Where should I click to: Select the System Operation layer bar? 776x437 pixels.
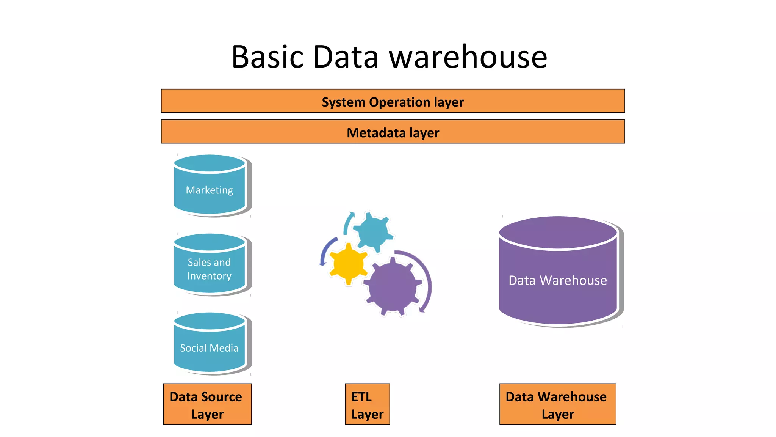pos(393,101)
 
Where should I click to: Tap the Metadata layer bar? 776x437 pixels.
pos(393,132)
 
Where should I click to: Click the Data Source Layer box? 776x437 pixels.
pos(207,404)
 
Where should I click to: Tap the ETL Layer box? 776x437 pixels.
pos(367,404)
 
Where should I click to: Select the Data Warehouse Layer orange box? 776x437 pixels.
pos(557,404)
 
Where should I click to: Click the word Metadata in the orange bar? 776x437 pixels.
pos(376,133)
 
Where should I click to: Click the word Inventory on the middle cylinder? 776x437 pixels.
pos(209,276)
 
